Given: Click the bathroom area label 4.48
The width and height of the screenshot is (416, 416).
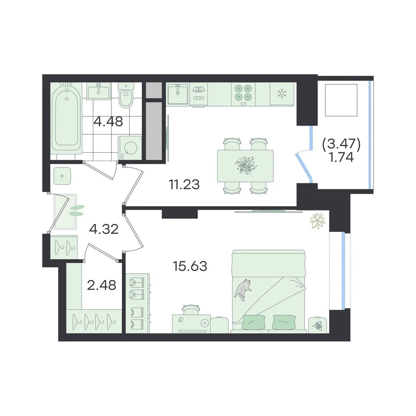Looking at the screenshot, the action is tap(109, 121).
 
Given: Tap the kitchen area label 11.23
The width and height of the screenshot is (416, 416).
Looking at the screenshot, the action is tap(184, 184).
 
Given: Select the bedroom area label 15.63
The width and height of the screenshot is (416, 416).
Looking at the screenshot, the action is tap(190, 266).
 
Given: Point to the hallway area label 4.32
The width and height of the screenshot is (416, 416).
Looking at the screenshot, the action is tap(104, 229).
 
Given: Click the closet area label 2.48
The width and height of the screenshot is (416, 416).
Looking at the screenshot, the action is tap(102, 285).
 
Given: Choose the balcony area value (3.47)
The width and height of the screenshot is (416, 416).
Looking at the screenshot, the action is tap(341, 145).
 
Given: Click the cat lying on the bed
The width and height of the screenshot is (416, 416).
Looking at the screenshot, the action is tap(243, 290).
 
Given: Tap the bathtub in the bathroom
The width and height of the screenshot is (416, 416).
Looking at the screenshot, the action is tap(66, 118).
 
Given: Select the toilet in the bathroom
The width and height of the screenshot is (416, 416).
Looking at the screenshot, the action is tap(126, 96).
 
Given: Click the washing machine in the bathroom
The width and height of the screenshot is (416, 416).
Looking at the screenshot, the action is tap(129, 148).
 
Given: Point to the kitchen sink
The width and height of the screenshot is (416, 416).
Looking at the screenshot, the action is tap(178, 94).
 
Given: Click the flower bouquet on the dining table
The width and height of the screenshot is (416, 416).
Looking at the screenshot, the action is tap(245, 166).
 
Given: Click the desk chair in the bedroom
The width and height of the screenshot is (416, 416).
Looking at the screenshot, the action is tap(191, 310).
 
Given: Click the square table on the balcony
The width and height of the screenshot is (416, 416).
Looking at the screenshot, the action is tap(342, 100).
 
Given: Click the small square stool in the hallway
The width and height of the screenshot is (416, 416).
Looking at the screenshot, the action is tap(62, 176).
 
